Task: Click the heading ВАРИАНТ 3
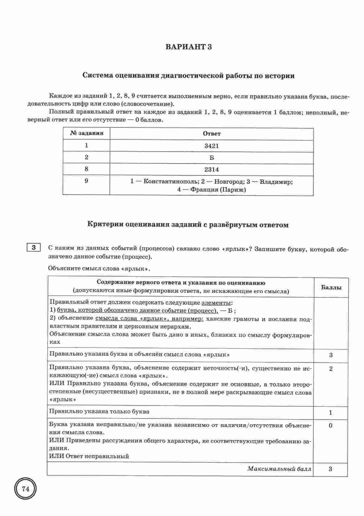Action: click(188, 47)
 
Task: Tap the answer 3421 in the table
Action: click(211, 146)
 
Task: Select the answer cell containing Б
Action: click(211, 158)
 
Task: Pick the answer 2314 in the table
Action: click(211, 170)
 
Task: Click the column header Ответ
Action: click(211, 134)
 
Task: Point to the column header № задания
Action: click(86, 133)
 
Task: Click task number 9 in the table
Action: click(86, 181)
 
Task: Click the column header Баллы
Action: click(331, 287)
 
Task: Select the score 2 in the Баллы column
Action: click(330, 369)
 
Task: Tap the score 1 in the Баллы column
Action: click(330, 412)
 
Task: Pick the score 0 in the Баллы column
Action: click(330, 425)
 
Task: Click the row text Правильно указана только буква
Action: click(99, 412)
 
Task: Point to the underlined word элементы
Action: click(216, 303)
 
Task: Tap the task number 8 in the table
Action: click(86, 169)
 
